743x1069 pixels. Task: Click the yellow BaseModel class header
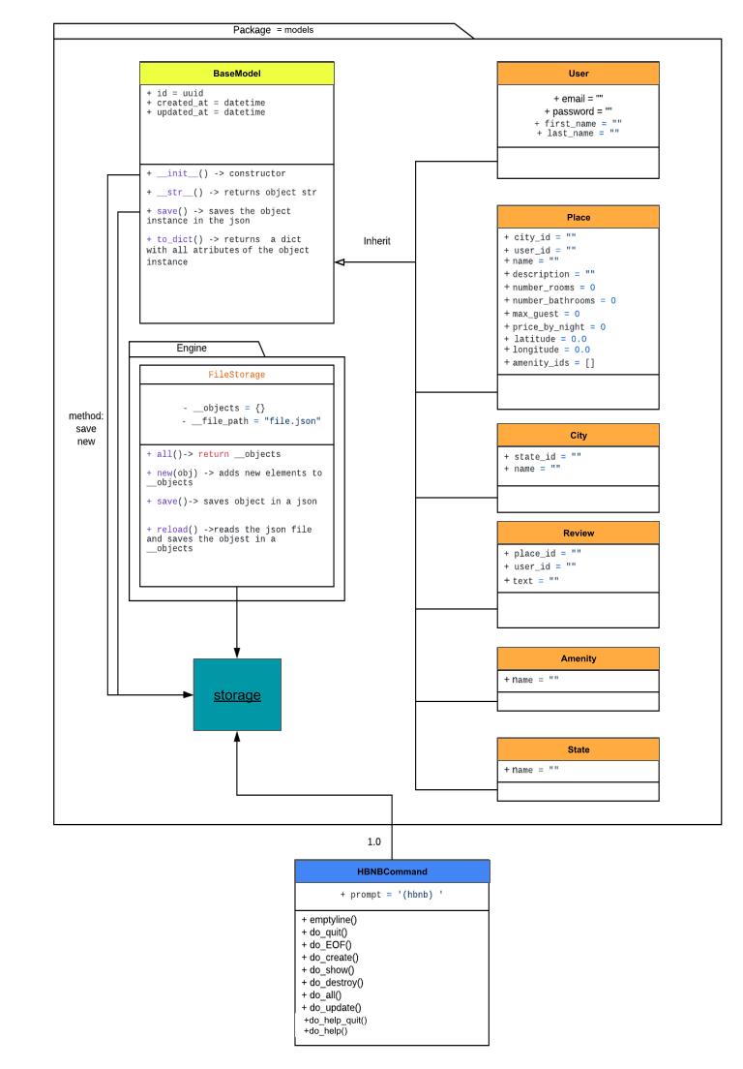pos(237,73)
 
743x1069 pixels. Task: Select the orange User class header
pos(578,73)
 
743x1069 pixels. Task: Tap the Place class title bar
pos(578,217)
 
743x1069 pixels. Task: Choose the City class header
pos(578,436)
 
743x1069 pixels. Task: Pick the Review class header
pos(578,533)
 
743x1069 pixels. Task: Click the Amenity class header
pos(578,658)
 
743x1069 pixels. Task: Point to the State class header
pos(578,749)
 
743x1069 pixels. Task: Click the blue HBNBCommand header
pos(392,871)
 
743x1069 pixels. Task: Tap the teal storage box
pos(237,696)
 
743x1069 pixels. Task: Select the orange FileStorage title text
pos(237,373)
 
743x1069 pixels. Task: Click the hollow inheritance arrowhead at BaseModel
pos(340,261)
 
